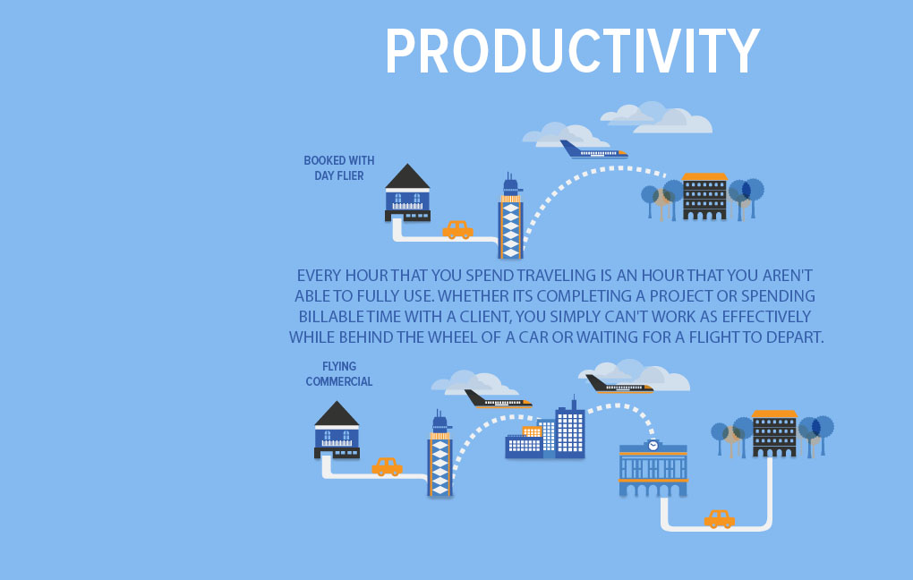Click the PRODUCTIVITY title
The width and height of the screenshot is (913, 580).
point(572,51)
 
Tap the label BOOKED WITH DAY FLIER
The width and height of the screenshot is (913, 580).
point(339,168)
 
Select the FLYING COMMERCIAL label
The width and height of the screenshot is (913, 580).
point(339,374)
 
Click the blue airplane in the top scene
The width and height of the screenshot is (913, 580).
point(593,150)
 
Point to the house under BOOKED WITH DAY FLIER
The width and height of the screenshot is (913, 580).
point(407,193)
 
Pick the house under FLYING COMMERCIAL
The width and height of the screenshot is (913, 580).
point(337,431)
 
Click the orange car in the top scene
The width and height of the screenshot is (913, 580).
point(457,230)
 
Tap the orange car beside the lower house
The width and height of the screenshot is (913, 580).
point(387,467)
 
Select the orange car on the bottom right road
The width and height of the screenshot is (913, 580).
point(720,519)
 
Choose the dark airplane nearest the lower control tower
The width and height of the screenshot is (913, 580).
point(498,400)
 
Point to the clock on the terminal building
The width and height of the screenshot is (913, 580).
point(653,445)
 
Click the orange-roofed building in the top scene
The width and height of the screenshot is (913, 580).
point(704,197)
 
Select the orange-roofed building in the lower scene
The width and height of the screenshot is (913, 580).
point(774,434)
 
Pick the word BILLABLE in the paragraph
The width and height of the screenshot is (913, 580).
point(337,317)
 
